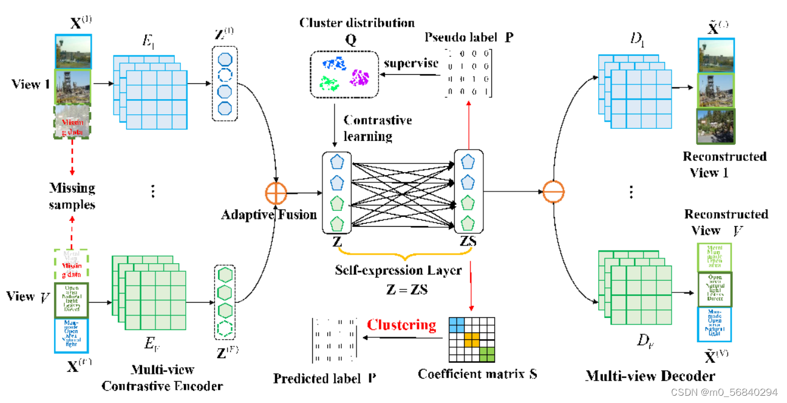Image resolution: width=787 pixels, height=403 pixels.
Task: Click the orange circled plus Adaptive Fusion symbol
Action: [276, 193]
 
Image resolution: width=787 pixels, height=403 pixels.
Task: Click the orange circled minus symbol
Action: [553, 193]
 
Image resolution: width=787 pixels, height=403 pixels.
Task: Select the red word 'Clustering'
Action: [401, 325]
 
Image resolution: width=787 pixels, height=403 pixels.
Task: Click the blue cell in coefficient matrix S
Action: [456, 325]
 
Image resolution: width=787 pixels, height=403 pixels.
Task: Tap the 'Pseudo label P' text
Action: [469, 36]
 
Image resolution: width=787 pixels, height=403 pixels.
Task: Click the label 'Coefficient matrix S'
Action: [477, 374]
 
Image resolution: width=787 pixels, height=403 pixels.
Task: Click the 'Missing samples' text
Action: [72, 196]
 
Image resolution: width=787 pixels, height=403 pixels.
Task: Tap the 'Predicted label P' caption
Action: [324, 378]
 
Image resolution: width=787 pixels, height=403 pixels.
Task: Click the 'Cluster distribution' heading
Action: [356, 23]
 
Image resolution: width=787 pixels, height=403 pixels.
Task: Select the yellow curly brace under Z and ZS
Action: [400, 250]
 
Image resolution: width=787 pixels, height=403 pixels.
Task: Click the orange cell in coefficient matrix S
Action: [472, 339]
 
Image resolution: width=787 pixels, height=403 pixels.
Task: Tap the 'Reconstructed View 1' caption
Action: [724, 164]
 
